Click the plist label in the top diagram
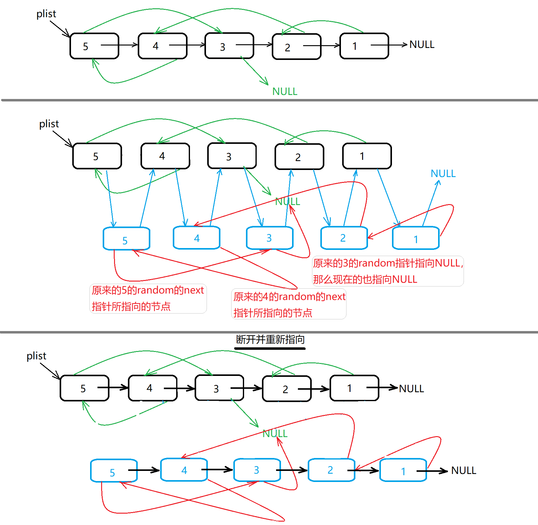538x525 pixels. coord(46,14)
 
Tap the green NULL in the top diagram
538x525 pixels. coord(285,92)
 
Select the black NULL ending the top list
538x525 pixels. coord(422,45)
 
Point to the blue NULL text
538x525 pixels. coord(443,174)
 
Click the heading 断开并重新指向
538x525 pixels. coord(270,340)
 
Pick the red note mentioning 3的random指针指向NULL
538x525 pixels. coord(388,271)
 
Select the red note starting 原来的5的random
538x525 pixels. coord(148,298)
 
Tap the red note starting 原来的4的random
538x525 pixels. coord(289,304)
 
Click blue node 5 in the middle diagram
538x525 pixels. coord(126,239)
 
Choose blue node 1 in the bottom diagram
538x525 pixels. coord(403,470)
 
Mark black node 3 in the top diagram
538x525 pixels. coord(229,46)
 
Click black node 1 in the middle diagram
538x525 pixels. coord(367,156)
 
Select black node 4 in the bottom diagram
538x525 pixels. coord(152,388)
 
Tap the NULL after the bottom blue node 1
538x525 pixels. coord(464,471)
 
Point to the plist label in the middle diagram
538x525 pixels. coord(49,124)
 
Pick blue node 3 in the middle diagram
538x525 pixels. coord(270,238)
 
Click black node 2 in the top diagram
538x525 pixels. coord(296,47)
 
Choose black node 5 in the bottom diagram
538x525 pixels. coord(85,388)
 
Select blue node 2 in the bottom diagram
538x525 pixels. coord(331,470)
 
